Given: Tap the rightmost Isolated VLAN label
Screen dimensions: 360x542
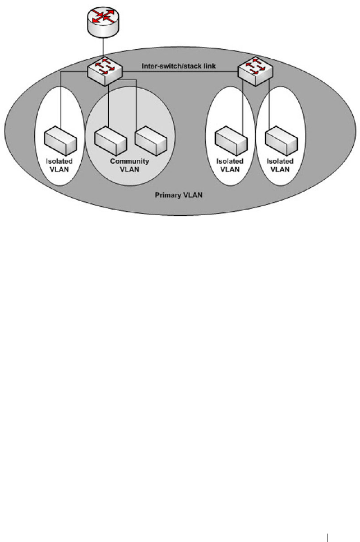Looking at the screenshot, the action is [280, 165].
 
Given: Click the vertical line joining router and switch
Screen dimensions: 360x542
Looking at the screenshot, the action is [103, 48].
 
